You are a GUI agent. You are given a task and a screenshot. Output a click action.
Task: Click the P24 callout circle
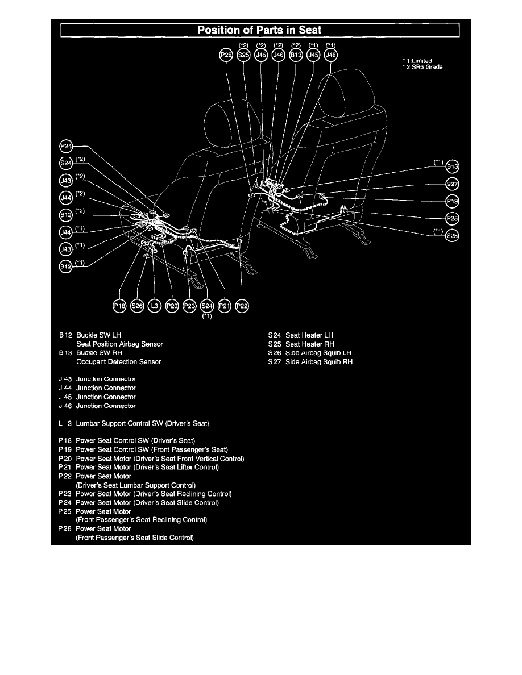pyautogui.click(x=67, y=147)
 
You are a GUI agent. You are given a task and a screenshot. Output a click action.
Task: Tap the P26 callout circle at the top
pyautogui.click(x=226, y=55)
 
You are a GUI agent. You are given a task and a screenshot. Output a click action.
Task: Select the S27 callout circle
pyautogui.click(x=453, y=184)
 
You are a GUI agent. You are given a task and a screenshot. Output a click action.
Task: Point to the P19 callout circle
pyautogui.click(x=453, y=201)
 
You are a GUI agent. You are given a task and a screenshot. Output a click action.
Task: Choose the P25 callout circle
pyautogui.click(x=453, y=218)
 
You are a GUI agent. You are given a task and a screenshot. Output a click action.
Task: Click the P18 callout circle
pyautogui.click(x=119, y=306)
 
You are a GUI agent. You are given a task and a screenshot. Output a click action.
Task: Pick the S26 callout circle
pyautogui.click(x=136, y=306)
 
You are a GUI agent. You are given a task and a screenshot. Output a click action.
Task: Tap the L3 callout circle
pyautogui.click(x=154, y=306)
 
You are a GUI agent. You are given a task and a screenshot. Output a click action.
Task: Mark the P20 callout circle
pyautogui.click(x=172, y=306)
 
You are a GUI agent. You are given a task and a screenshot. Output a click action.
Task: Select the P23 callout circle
pyautogui.click(x=189, y=306)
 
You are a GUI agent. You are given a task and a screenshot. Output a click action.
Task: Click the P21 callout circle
pyautogui.click(x=225, y=306)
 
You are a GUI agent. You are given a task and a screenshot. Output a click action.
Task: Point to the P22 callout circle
pyautogui.click(x=242, y=306)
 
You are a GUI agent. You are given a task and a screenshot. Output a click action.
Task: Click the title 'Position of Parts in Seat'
pyautogui.click(x=260, y=30)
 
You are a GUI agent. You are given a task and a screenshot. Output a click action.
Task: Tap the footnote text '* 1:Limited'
pyautogui.click(x=417, y=60)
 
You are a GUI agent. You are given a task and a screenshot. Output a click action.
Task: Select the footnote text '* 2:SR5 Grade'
pyautogui.click(x=422, y=67)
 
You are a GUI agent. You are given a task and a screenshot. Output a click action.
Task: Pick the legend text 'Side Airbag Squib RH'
pyautogui.click(x=318, y=362)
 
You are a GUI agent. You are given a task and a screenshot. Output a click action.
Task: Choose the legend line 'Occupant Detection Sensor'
pyautogui.click(x=118, y=362)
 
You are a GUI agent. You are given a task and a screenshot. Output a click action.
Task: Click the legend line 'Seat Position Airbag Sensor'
pyautogui.click(x=119, y=344)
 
